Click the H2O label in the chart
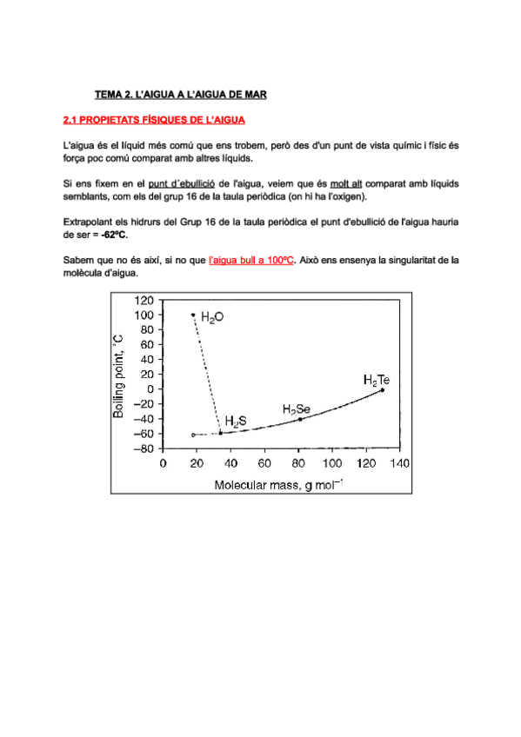coord(212,318)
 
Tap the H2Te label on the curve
coord(377,379)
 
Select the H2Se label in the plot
coord(297,408)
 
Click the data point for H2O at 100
coord(192,314)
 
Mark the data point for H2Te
coord(383,390)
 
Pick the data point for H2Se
coord(300,420)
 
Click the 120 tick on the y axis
coord(144,300)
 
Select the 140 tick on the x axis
coord(398,462)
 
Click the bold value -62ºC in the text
coord(114,235)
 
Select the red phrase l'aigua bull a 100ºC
coord(251,259)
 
